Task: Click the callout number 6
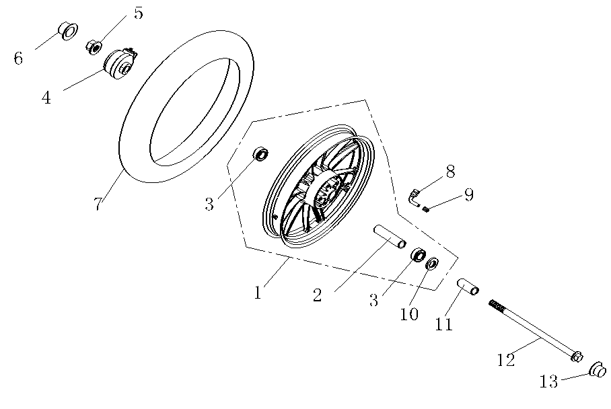point(18,59)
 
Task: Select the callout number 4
point(46,98)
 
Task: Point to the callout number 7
point(98,204)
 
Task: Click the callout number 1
point(257,293)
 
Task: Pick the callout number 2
point(318,294)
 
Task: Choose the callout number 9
point(468,195)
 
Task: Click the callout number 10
point(410,313)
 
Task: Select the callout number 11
point(443,325)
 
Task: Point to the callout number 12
point(505,360)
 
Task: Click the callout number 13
point(549,382)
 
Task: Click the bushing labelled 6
point(68,30)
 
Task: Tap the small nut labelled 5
point(94,46)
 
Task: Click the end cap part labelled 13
point(597,369)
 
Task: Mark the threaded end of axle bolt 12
point(495,305)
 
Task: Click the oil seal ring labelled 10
point(432,262)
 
